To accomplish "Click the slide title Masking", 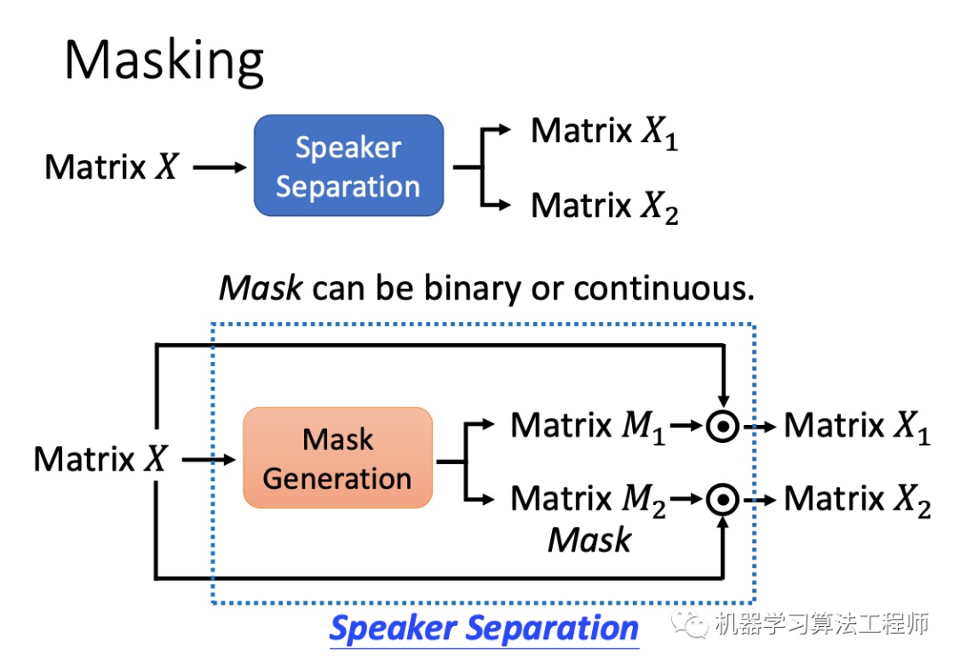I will (x=164, y=60).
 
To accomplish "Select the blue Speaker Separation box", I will (x=348, y=166).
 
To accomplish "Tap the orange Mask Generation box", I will (x=338, y=458).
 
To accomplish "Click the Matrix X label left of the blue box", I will (x=112, y=166).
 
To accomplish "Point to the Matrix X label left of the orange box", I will (x=100, y=459).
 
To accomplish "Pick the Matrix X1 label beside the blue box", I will (x=604, y=132).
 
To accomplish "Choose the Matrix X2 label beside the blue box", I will (x=604, y=205).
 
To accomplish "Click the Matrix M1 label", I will (x=587, y=426).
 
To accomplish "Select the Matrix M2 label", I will (x=587, y=499).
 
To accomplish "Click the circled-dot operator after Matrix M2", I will (x=724, y=501).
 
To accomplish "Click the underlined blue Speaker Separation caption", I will (x=484, y=628).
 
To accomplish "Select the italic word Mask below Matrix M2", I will (x=589, y=539).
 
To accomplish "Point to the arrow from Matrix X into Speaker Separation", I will (x=219, y=166).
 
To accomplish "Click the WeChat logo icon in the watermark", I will (x=691, y=625).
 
